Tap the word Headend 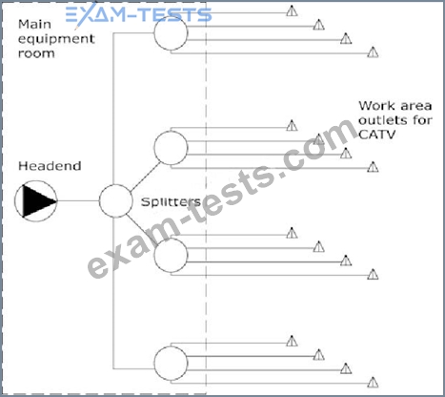coord(50,166)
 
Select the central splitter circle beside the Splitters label coord(115,201)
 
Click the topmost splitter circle coord(171,33)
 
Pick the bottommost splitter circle coord(171,364)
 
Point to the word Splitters coord(171,201)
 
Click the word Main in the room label coord(34,24)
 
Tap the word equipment coord(56,39)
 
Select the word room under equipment coord(36,53)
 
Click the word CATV coord(377,135)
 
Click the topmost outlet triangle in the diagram coord(292,10)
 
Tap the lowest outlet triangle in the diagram coord(373,382)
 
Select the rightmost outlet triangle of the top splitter coord(373,52)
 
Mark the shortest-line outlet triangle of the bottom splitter coord(292,341)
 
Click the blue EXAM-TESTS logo coord(139,14)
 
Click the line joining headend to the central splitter coord(78,200)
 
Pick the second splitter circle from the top coord(171,148)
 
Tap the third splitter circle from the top coord(171,256)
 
